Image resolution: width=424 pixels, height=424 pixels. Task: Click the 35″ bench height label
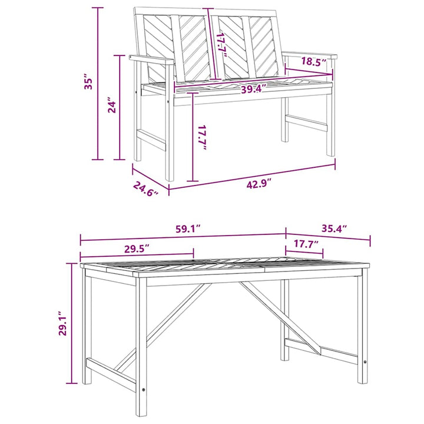tap(89, 81)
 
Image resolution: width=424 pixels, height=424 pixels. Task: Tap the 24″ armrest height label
tap(112, 105)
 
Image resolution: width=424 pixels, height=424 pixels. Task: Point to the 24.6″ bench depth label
tap(145, 188)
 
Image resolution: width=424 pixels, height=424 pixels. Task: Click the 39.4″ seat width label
tap(254, 89)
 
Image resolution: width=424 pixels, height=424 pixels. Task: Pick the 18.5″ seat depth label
tap(314, 62)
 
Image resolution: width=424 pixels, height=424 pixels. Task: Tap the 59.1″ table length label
tap(188, 228)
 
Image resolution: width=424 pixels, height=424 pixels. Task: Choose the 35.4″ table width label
tap(334, 228)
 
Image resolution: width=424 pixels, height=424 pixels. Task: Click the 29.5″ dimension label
tap(136, 249)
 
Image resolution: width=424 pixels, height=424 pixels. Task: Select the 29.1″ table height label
tap(63, 323)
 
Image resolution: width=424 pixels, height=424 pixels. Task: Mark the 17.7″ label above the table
tap(306, 244)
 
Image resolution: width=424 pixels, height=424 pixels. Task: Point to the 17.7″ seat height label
tap(202, 138)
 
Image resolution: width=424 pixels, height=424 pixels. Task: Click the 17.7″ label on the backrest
tap(222, 45)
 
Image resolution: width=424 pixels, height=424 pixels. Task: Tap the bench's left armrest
tap(151, 59)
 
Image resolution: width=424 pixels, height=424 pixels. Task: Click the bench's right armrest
tap(310, 55)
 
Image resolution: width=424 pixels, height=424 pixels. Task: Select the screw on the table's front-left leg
tap(143, 390)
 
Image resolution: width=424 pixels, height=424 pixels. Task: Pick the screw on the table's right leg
tap(365, 362)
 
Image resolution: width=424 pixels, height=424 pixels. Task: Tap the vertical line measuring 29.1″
tap(72, 323)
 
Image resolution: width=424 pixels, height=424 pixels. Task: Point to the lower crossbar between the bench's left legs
tap(151, 140)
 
